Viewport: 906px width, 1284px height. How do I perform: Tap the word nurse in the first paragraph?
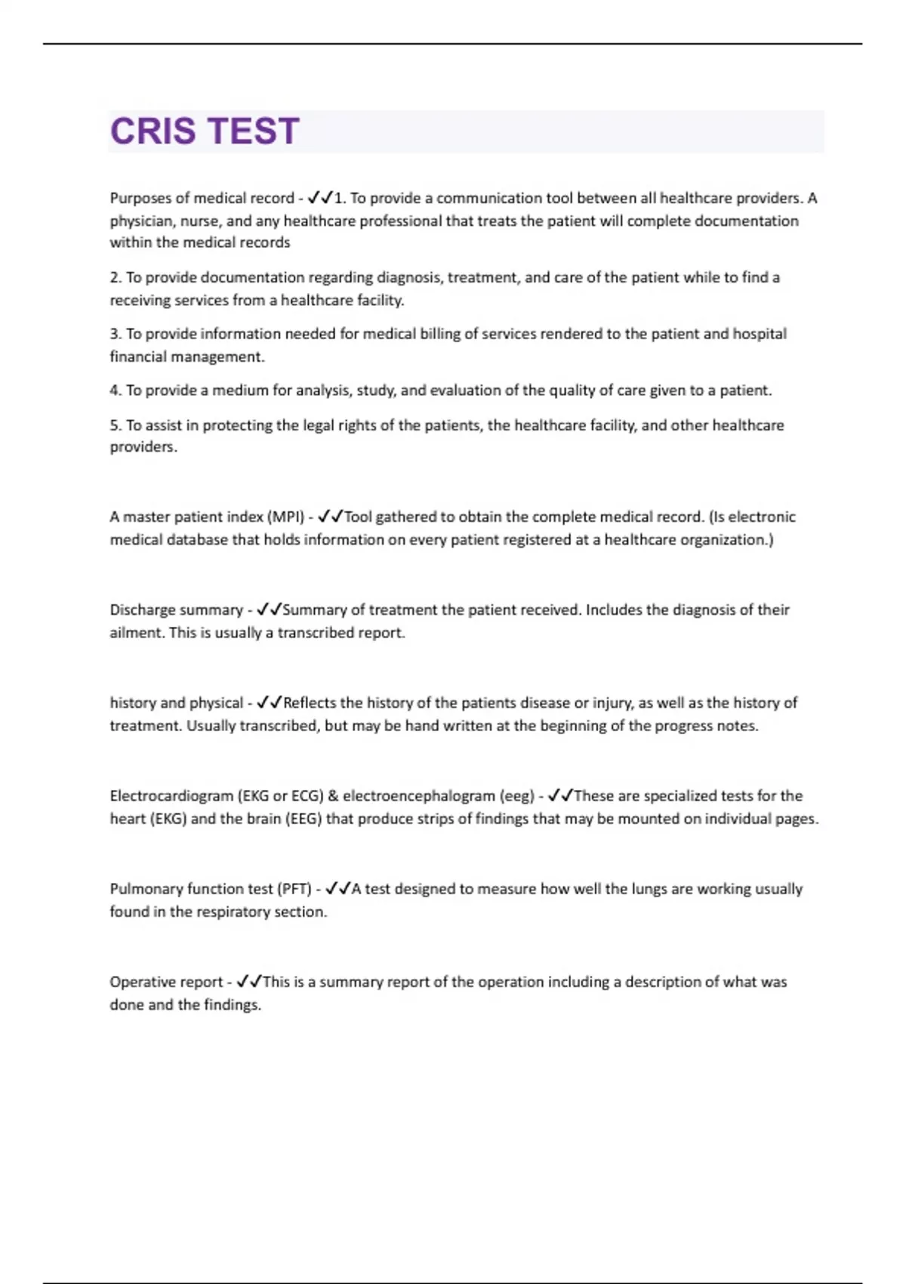[198, 221]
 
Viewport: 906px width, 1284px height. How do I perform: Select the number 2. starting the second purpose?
[116, 278]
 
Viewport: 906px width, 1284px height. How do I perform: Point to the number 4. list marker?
[116, 390]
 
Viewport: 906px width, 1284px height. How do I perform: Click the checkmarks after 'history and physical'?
[269, 703]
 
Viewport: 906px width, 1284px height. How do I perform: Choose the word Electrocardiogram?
[171, 796]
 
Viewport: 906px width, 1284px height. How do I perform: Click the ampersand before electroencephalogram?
[333, 796]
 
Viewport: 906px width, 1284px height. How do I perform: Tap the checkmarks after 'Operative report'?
[248, 982]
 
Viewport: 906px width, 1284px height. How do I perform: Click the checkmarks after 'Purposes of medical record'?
[320, 198]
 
